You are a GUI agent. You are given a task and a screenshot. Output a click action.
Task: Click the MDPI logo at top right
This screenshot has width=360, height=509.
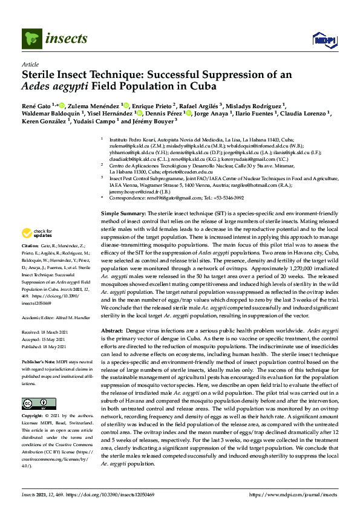tap(324, 40)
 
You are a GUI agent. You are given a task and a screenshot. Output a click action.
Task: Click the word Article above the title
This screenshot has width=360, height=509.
tap(30, 64)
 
